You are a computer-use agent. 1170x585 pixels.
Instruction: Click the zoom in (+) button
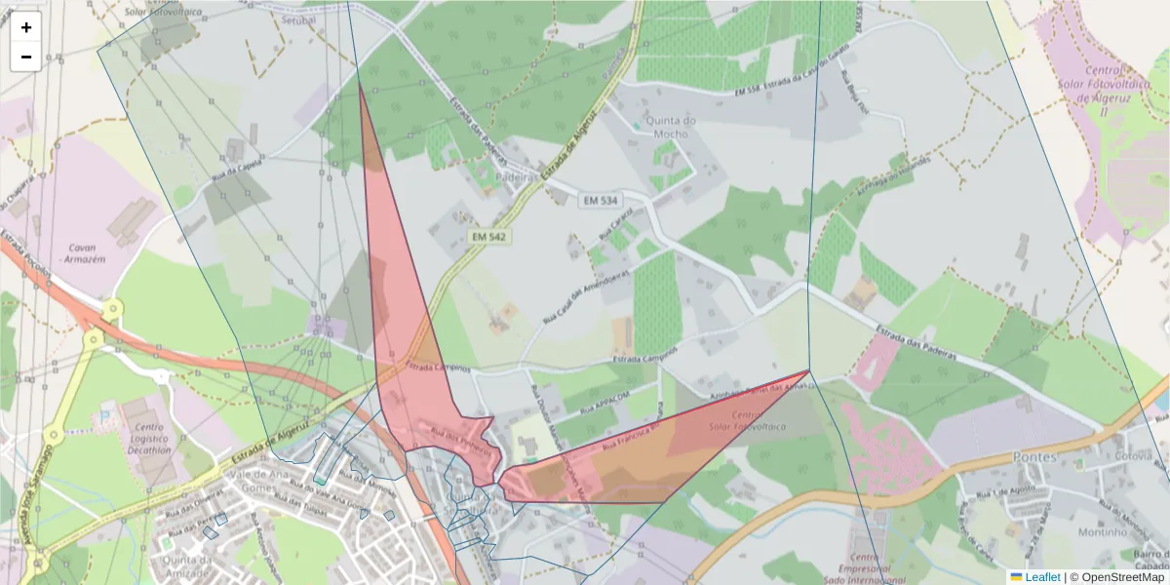[26, 27]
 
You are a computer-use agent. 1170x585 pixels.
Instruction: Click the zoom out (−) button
[26, 57]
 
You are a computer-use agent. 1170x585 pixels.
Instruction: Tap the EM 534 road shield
[601, 201]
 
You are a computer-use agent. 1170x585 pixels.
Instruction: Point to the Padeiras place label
[517, 178]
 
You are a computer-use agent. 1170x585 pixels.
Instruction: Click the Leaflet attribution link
[1041, 577]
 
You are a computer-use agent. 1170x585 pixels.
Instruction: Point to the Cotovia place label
[1134, 456]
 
